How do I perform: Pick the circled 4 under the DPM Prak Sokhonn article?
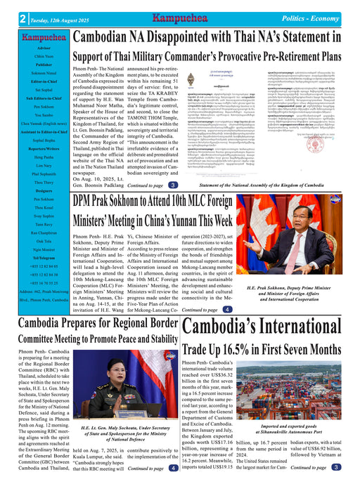[x=227, y=309]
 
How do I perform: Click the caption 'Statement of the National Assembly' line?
[x=269, y=185]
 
